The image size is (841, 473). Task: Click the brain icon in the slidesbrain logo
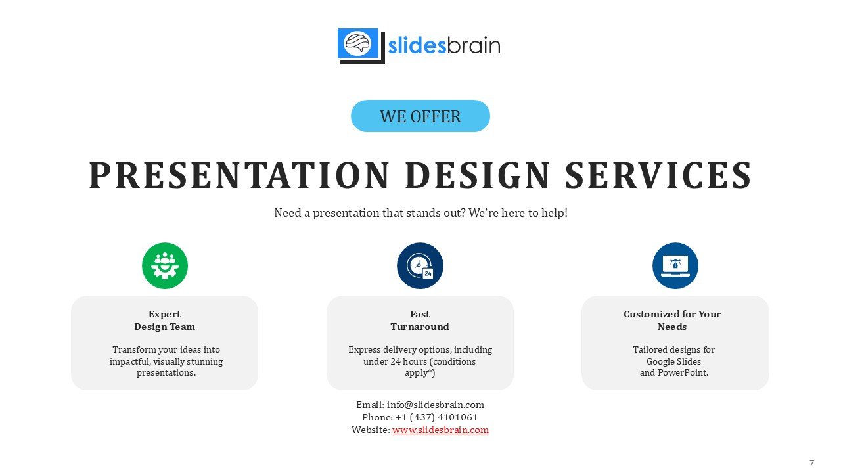coord(358,43)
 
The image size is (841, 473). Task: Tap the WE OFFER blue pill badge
coord(420,116)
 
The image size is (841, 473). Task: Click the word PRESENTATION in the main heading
coord(239,175)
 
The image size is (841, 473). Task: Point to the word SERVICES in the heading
coord(658,175)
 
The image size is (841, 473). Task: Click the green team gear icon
coord(165,266)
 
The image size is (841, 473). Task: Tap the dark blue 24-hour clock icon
coord(420,266)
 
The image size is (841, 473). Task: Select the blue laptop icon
coord(675,266)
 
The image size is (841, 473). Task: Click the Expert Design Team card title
coord(164,321)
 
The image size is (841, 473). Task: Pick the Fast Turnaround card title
coord(420,321)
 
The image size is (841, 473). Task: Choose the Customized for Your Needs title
coord(672,321)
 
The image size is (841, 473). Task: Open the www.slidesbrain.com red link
coord(440,430)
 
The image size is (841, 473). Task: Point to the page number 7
coord(811,463)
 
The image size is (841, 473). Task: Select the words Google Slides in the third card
coord(673,361)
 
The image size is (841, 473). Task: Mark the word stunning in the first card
coord(206,361)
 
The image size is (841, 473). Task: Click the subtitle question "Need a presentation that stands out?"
coord(370,214)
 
